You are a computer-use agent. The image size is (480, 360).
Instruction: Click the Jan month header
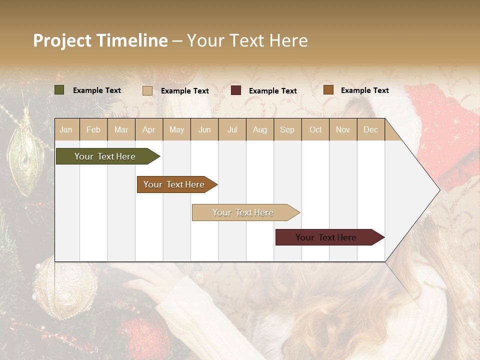click(x=66, y=129)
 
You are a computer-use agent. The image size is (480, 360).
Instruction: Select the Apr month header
click(x=148, y=129)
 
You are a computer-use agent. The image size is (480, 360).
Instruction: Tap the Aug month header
click(x=259, y=129)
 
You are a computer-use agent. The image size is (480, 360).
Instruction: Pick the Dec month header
click(x=370, y=129)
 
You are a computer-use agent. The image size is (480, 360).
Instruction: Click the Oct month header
click(x=315, y=129)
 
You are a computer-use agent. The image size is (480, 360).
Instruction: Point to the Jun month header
click(x=204, y=129)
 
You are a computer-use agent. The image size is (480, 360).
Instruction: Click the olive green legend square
click(x=59, y=90)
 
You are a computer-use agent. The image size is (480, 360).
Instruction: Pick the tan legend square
click(x=147, y=90)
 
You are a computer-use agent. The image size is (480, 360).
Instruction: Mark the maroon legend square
click(x=236, y=90)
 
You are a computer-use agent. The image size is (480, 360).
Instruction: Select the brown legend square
click(x=328, y=90)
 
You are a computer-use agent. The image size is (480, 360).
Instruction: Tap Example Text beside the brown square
click(x=364, y=90)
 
